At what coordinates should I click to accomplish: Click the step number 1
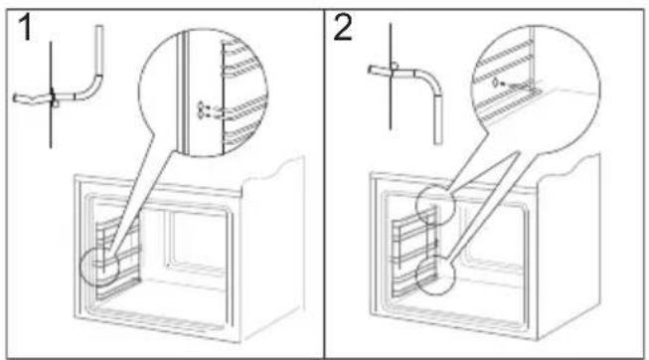(x=26, y=27)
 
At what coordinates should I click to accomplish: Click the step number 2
(x=343, y=27)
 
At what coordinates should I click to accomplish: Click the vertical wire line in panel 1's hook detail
(x=51, y=94)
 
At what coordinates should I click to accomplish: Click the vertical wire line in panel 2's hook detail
(x=391, y=77)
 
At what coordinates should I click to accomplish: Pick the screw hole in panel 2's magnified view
(x=494, y=84)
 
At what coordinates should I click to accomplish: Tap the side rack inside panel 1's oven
(x=118, y=257)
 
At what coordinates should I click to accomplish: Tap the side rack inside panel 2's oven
(x=413, y=253)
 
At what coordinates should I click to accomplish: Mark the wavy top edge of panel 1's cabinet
(x=273, y=169)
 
